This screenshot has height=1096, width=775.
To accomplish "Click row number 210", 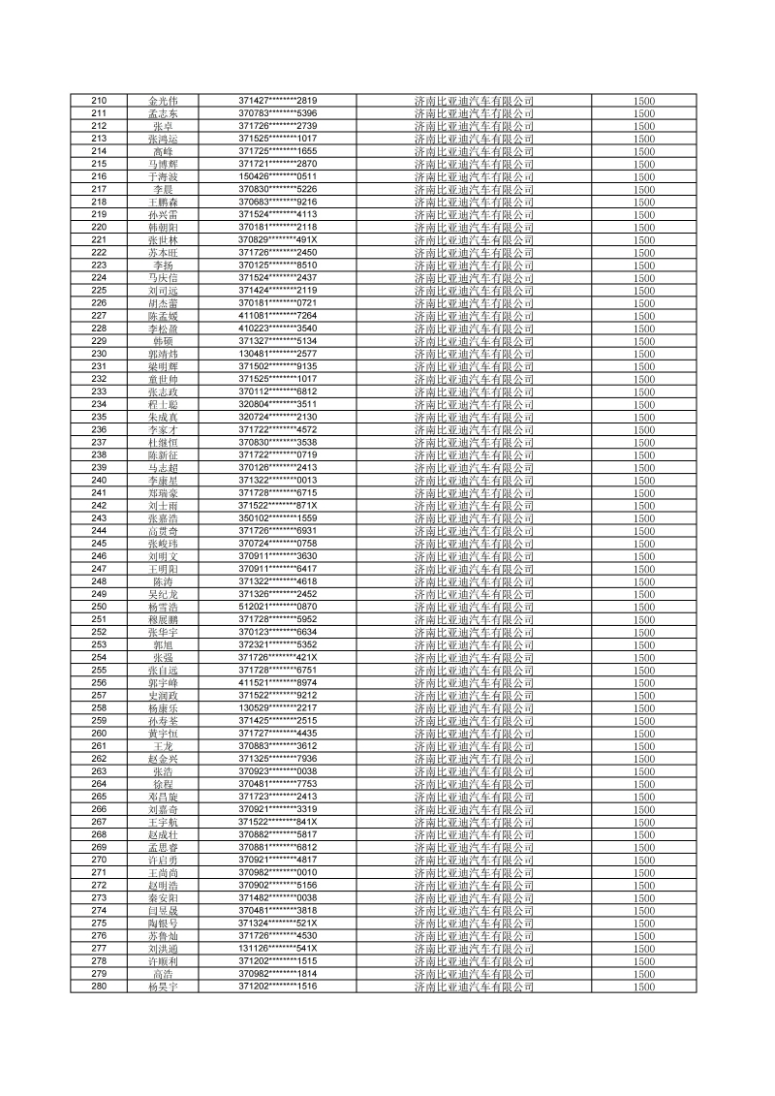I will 98,101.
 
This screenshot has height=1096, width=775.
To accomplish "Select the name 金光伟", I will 163,101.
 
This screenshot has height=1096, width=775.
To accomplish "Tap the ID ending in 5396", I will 278,113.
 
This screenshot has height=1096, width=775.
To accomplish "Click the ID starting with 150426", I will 278,176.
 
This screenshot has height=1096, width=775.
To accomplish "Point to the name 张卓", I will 163,126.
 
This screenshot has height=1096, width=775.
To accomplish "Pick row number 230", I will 98,354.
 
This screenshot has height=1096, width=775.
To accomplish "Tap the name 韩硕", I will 163,341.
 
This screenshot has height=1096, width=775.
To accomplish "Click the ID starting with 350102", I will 278,518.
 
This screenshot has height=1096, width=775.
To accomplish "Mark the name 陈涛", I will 163,581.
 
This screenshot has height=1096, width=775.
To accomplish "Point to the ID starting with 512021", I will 278,607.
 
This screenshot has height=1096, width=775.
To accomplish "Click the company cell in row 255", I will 474,671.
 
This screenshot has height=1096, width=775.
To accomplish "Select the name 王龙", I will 163,746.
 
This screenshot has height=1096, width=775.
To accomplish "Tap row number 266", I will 98,809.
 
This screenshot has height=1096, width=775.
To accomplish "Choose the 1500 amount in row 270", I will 644,860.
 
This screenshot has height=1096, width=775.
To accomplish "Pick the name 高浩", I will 163,974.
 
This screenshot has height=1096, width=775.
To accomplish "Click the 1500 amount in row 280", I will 644,986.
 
